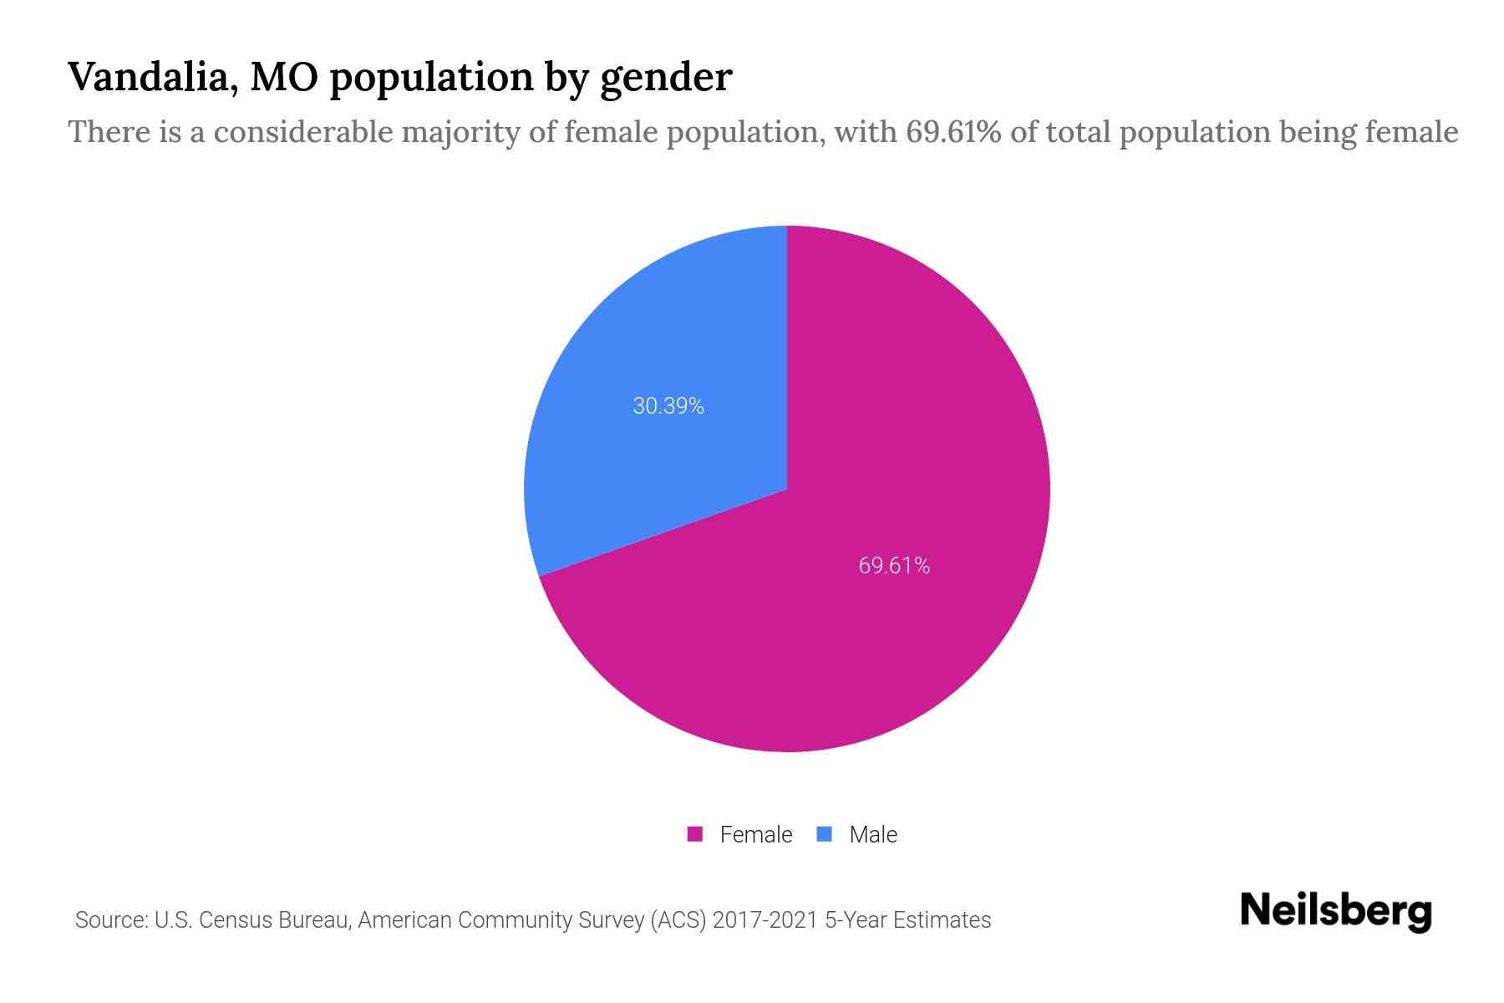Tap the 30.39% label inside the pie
tap(668, 406)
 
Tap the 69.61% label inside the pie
tap(894, 566)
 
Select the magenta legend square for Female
tap(694, 834)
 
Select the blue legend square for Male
tap(824, 834)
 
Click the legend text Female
tap(755, 834)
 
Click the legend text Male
tap(872, 834)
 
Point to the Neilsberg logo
tap(1335, 911)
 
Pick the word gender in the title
tap(666, 79)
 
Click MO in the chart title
tap(285, 77)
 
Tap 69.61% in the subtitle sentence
tap(953, 132)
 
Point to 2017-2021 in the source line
tap(765, 920)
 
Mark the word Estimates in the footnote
tap(942, 920)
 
